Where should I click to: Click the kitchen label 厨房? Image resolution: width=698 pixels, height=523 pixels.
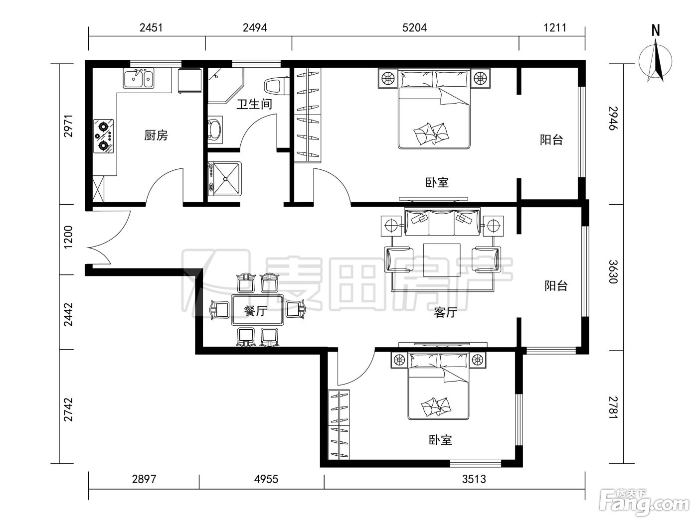click(156, 135)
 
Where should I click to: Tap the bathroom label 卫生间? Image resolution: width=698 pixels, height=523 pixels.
click(254, 104)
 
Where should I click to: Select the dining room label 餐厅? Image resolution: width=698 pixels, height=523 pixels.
click(255, 310)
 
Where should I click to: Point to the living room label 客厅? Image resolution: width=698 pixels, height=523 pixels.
click(445, 312)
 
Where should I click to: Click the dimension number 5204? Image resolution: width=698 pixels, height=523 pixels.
click(414, 28)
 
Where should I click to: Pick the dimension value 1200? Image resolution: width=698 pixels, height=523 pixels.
click(68, 237)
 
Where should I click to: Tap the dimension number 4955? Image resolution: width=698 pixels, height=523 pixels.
click(266, 479)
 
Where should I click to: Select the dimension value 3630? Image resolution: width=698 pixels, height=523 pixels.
click(613, 271)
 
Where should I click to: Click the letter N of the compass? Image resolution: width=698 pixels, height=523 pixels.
click(656, 30)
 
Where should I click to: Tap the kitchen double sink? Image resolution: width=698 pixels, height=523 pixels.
click(139, 78)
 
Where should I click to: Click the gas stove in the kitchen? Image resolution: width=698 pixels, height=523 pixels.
click(103, 136)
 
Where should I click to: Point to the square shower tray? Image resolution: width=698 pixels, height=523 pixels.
click(225, 179)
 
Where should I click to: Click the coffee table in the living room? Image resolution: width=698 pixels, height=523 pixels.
click(442, 258)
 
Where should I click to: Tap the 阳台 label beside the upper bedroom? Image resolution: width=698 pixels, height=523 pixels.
click(551, 140)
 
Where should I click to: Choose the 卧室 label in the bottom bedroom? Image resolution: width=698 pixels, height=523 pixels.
click(440, 440)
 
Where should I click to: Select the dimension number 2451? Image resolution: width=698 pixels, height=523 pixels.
click(151, 28)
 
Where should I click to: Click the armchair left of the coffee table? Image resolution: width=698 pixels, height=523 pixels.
click(399, 260)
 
